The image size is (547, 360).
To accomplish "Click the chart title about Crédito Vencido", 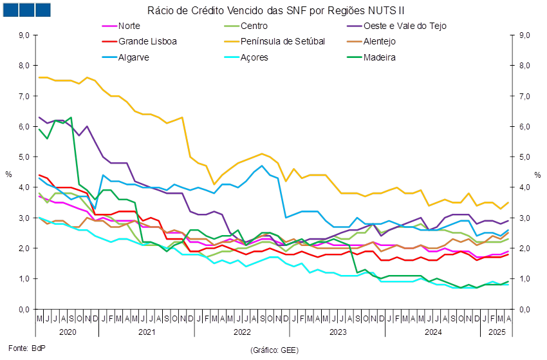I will (x=276, y=10).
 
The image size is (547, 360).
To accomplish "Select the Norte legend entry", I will (x=129, y=26).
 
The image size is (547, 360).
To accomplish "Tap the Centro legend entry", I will (x=254, y=26).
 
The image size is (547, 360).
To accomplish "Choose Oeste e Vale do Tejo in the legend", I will (x=405, y=26).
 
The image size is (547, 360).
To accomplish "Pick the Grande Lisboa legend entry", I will (x=147, y=41).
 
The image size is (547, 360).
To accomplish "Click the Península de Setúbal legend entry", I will (x=283, y=41).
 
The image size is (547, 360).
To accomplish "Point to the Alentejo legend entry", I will (x=380, y=41).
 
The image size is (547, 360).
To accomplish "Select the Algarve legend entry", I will (x=134, y=57).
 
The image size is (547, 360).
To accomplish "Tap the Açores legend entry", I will (x=254, y=57).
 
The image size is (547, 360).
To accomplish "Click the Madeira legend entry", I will (x=380, y=57).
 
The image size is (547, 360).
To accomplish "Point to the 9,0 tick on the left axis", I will (x=24, y=35).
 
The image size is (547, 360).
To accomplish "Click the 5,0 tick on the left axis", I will (x=24, y=157).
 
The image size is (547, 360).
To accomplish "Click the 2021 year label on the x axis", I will (x=147, y=332).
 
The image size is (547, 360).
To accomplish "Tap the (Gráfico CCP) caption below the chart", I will (x=273, y=350).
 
